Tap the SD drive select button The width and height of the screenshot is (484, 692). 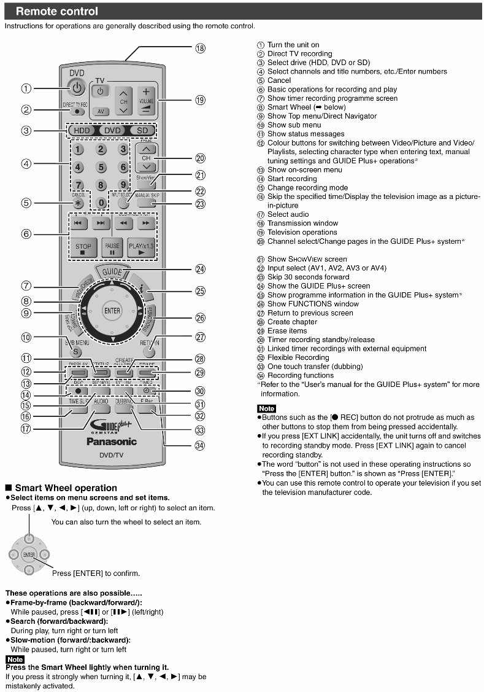pyautogui.click(x=142, y=130)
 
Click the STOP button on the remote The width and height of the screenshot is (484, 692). pyautogui.click(x=83, y=247)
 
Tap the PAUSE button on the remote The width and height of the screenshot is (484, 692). pyautogui.click(x=112, y=247)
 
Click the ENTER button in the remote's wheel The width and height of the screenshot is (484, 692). pyautogui.click(x=112, y=311)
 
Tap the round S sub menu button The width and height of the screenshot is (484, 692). pyautogui.click(x=76, y=352)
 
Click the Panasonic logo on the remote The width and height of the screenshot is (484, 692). pyautogui.click(x=112, y=441)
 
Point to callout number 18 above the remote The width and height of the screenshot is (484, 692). pyautogui.click(x=200, y=49)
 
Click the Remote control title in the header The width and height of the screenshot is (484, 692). pyautogui.click(x=56, y=11)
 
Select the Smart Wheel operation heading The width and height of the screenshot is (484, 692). pyautogui.click(x=66, y=488)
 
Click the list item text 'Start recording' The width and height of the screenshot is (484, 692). pyautogui.click(x=292, y=179)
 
